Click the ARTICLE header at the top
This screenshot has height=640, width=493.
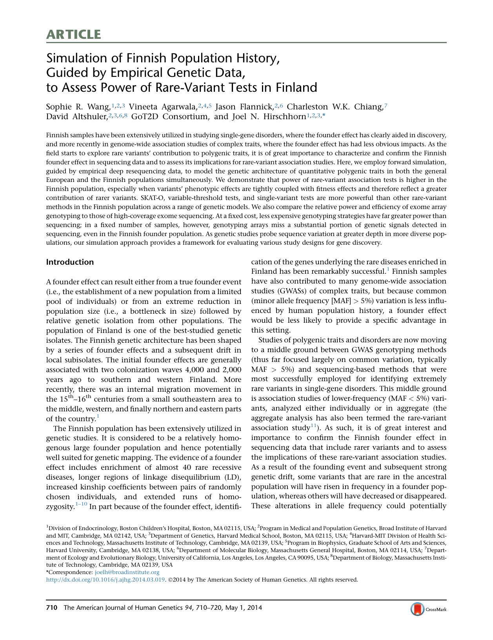coord(73,35)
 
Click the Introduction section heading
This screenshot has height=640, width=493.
coord(70,262)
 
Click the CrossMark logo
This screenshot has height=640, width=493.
coord(428,609)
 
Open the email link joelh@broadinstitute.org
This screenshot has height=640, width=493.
coord(127,572)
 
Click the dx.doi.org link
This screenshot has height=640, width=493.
coord(106,580)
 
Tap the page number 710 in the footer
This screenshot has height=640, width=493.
coord(52,608)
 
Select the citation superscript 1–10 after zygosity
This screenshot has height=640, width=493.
coord(81,504)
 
